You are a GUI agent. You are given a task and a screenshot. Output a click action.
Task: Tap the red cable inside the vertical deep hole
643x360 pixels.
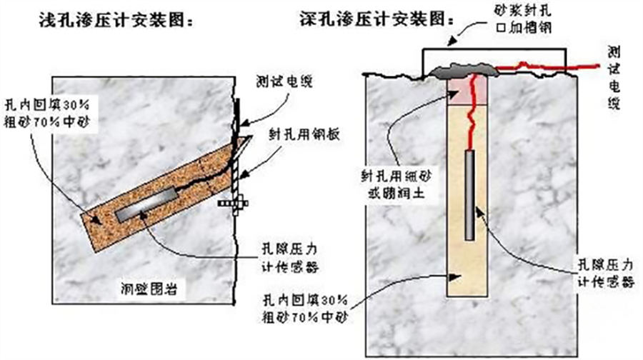470,125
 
